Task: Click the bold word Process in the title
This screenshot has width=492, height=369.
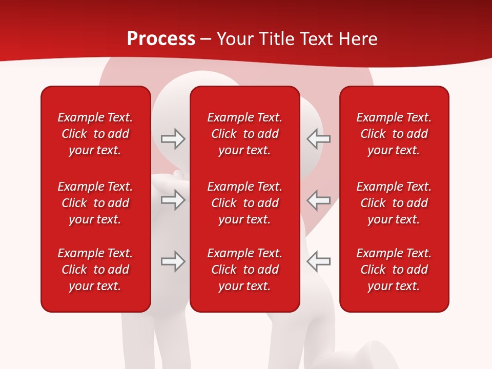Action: click(161, 39)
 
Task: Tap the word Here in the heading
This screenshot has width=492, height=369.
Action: click(358, 39)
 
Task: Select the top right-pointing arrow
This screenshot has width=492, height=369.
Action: click(173, 139)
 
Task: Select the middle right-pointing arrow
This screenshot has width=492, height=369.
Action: click(173, 200)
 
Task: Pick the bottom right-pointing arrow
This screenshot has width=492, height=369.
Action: click(173, 261)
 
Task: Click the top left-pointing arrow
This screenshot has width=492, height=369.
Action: click(318, 139)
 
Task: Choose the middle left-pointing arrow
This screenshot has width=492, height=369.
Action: click(318, 200)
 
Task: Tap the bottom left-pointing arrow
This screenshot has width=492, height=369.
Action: click(318, 261)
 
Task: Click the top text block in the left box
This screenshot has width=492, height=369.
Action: click(95, 134)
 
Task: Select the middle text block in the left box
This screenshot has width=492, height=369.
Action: click(95, 203)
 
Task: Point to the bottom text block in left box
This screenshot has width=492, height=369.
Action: click(95, 270)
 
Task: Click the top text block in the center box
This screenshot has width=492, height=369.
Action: click(244, 134)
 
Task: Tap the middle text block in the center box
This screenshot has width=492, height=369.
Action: click(244, 203)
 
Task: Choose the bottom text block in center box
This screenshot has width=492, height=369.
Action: click(244, 270)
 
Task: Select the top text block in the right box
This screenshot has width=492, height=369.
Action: click(394, 134)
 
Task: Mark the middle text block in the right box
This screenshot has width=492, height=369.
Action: click(394, 203)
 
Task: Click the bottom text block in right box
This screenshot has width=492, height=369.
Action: click(394, 270)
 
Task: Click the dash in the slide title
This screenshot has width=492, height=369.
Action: click(206, 39)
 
